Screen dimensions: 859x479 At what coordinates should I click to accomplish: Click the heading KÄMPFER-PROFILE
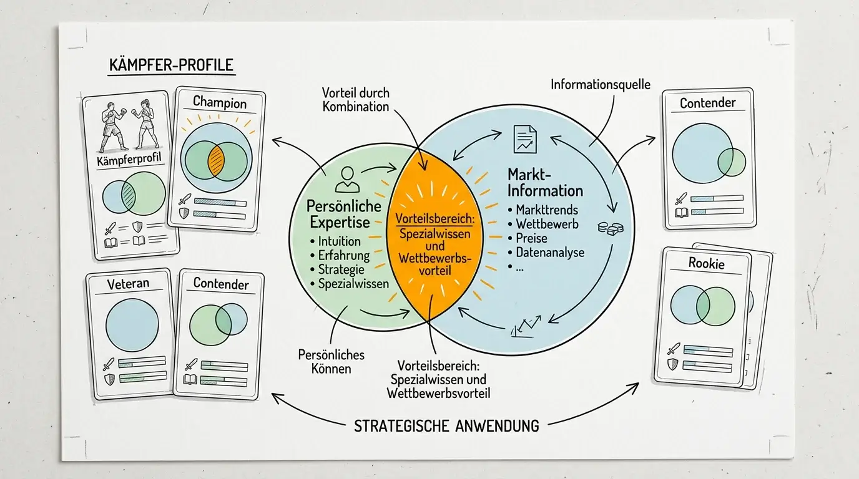tap(171, 65)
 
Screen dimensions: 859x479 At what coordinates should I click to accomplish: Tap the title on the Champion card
tap(220, 102)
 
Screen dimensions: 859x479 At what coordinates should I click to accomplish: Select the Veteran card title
tap(128, 284)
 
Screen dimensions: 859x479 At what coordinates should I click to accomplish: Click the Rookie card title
tap(707, 263)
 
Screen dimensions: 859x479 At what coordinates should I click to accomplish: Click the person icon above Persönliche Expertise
tap(347, 179)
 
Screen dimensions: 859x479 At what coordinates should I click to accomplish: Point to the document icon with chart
tap(525, 139)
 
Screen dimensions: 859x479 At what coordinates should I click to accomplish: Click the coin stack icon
tap(611, 228)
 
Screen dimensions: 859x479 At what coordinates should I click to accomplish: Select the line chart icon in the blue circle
tap(526, 327)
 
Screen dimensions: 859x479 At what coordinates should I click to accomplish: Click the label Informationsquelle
tap(601, 84)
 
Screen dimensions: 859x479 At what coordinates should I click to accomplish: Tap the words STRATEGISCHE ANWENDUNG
tap(446, 426)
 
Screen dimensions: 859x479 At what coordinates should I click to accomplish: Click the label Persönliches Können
tap(331, 361)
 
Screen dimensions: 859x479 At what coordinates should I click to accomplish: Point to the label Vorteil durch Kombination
tap(355, 100)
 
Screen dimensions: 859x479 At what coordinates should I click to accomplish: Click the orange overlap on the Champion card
tap(216, 161)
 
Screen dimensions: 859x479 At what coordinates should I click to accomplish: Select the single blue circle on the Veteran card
tap(132, 325)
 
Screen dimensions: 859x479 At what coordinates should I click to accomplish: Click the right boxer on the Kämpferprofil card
tap(145, 124)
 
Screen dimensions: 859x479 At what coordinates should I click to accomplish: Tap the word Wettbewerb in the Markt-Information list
tap(547, 224)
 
